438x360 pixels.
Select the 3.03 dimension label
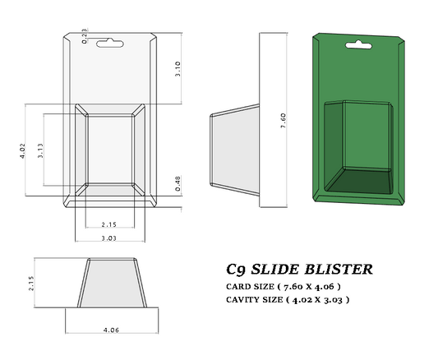tap(109, 238)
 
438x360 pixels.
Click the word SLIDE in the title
tap(281, 269)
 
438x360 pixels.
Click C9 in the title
tap(236, 269)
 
